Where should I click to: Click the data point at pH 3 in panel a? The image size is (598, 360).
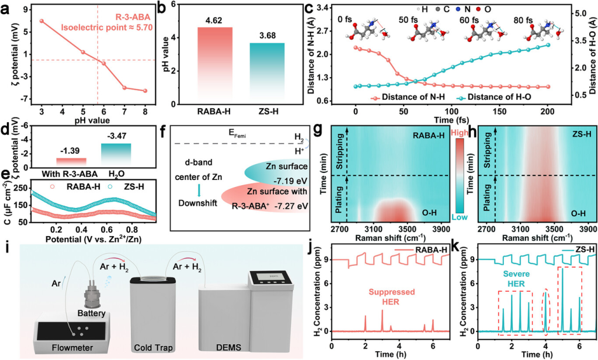pyautogui.click(x=41, y=21)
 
